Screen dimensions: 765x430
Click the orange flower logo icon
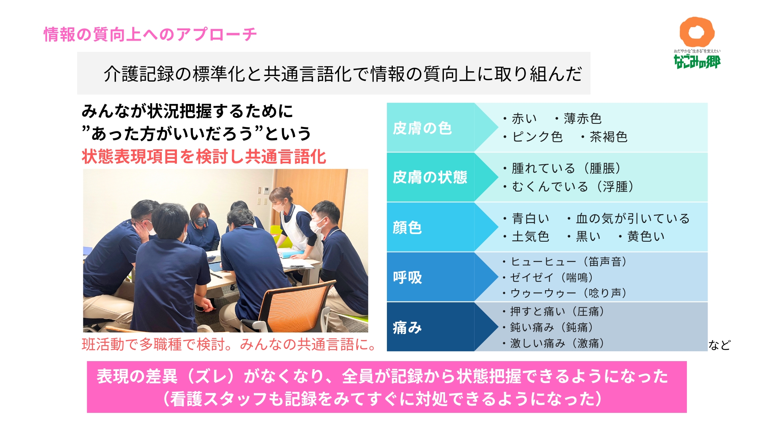pos(697,32)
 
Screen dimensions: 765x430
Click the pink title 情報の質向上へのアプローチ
pos(150,35)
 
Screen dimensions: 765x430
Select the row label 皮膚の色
pos(422,128)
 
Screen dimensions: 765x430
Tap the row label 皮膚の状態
pos(430,177)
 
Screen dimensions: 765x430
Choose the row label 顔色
pos(407,227)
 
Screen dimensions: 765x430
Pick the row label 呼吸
pos(407,278)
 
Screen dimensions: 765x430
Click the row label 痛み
pos(407,328)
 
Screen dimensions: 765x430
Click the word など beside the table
pos(719,345)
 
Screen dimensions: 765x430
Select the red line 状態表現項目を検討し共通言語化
pos(204,156)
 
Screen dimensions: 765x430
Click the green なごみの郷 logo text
pos(697,61)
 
